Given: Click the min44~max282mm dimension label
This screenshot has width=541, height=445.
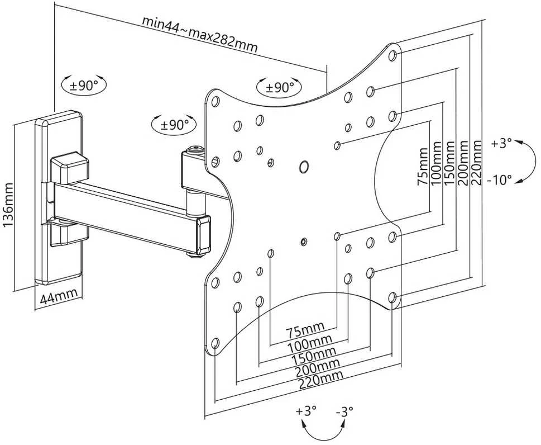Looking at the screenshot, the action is coord(200,34).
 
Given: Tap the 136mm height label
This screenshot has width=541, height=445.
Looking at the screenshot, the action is coord(8,205).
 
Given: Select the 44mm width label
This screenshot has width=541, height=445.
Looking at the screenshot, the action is coord(59,297).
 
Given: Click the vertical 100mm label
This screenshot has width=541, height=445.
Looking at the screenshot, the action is coord(436,163).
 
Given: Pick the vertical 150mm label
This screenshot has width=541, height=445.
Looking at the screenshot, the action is coord(449,163).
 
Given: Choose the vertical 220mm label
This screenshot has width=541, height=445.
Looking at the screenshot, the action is coord(476,162).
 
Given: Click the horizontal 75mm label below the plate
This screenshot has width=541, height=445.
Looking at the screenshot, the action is coord(305,331).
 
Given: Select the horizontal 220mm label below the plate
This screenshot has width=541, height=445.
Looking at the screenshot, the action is coord(321,380).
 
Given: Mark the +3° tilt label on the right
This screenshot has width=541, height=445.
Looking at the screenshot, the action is coord(501,143).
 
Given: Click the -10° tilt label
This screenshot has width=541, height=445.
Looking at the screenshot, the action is coord(500,180).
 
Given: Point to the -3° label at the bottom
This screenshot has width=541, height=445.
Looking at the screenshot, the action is coord(344,411).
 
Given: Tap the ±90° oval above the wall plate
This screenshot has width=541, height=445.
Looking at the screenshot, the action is coord(84,84).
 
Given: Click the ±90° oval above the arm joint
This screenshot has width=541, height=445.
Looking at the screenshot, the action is coord(174,124).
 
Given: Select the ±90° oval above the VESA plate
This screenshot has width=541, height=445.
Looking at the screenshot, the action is coord(279,87).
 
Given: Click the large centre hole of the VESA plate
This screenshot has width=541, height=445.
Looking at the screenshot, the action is coord(304,166).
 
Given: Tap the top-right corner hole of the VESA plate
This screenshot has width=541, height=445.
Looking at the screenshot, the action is coord(392,55).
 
